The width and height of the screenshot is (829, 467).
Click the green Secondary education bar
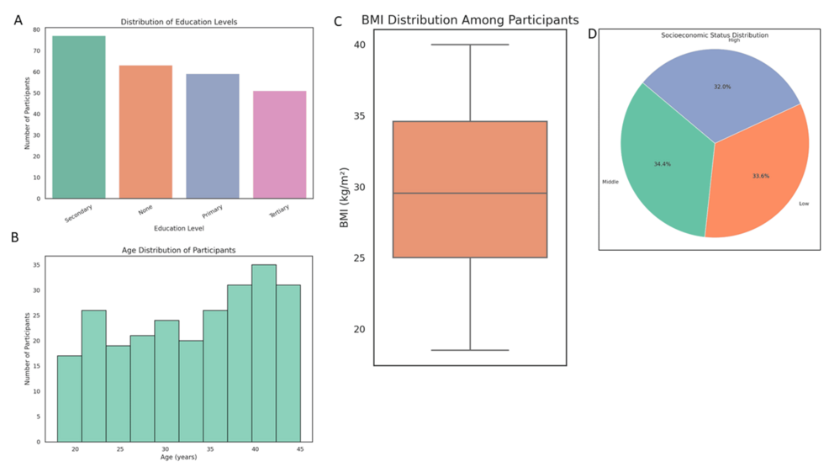point(79,117)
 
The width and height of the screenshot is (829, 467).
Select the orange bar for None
point(145,132)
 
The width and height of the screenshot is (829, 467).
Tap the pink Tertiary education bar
point(279,145)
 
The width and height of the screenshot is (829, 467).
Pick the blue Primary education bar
point(213,136)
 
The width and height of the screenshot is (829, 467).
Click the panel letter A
point(18,20)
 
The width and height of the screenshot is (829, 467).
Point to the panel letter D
point(593,34)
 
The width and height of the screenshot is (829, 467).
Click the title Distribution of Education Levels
point(179,21)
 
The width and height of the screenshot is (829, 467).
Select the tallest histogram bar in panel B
point(264,353)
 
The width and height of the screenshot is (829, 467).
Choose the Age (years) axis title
point(179,458)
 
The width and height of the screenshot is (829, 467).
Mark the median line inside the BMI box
point(470,194)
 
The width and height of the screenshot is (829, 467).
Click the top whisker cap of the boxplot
point(470,45)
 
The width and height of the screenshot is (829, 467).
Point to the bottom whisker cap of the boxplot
point(470,350)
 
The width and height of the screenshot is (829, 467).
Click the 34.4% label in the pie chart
point(663,164)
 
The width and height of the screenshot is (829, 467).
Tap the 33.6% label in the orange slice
point(760,177)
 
